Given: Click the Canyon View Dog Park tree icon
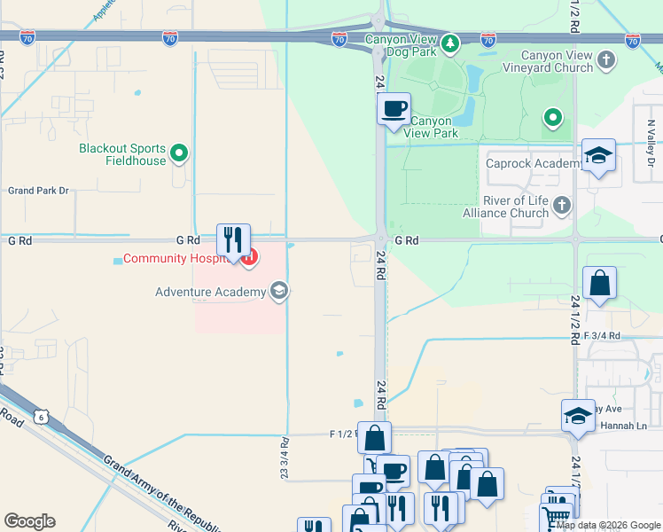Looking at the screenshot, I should coord(450,43).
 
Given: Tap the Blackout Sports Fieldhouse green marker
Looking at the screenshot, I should coord(179,154).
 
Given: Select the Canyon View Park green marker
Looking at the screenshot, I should coord(553,117).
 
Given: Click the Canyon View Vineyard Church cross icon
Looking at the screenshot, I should coord(606,60).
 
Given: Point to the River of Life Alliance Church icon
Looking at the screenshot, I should coord(561,207).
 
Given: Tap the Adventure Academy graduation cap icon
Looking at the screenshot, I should coord(278,292).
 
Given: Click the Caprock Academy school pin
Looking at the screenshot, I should coord(599,156).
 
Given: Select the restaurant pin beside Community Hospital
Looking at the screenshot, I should coord(233,240).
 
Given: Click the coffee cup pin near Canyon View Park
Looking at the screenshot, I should coord(394,110).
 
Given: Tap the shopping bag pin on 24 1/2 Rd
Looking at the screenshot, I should coord(600,284).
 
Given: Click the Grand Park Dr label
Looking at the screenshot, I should coord(37,191).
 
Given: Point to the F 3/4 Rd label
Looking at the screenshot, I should coord(602,336).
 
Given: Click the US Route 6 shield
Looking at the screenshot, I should coord(40,416).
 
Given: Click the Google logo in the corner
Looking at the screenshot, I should coord(29,521).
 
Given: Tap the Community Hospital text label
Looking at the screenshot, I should coord(177,259).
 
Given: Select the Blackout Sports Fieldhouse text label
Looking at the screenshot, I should coord(122,154).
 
